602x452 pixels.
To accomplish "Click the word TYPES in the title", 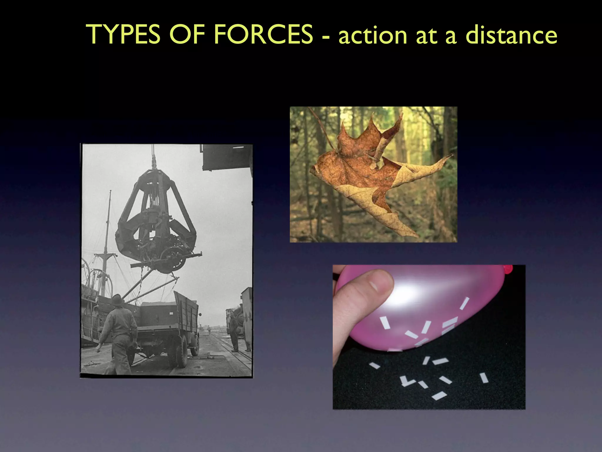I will coord(123,35).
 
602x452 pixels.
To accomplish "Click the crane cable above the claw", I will coord(153,156).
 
